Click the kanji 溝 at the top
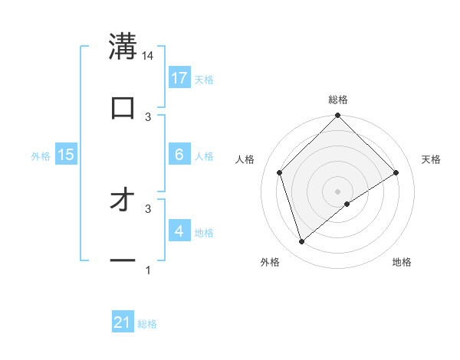point(123,47)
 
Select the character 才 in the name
point(123,201)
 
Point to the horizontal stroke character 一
point(123,261)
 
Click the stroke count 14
point(148,56)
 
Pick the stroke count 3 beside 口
point(148,116)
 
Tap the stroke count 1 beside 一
point(148,270)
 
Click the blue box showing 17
point(179,78)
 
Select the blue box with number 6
point(179,155)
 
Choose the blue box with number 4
point(179,231)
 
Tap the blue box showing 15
point(66,155)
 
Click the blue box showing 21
point(123,323)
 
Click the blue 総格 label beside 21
point(147,324)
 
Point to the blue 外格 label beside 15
point(41,155)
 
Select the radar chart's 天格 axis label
point(431,159)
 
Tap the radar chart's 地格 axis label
point(402,262)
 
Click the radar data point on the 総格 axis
point(337,116)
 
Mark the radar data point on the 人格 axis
point(280,172)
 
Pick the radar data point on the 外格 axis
point(302,242)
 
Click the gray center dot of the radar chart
point(337,191)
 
